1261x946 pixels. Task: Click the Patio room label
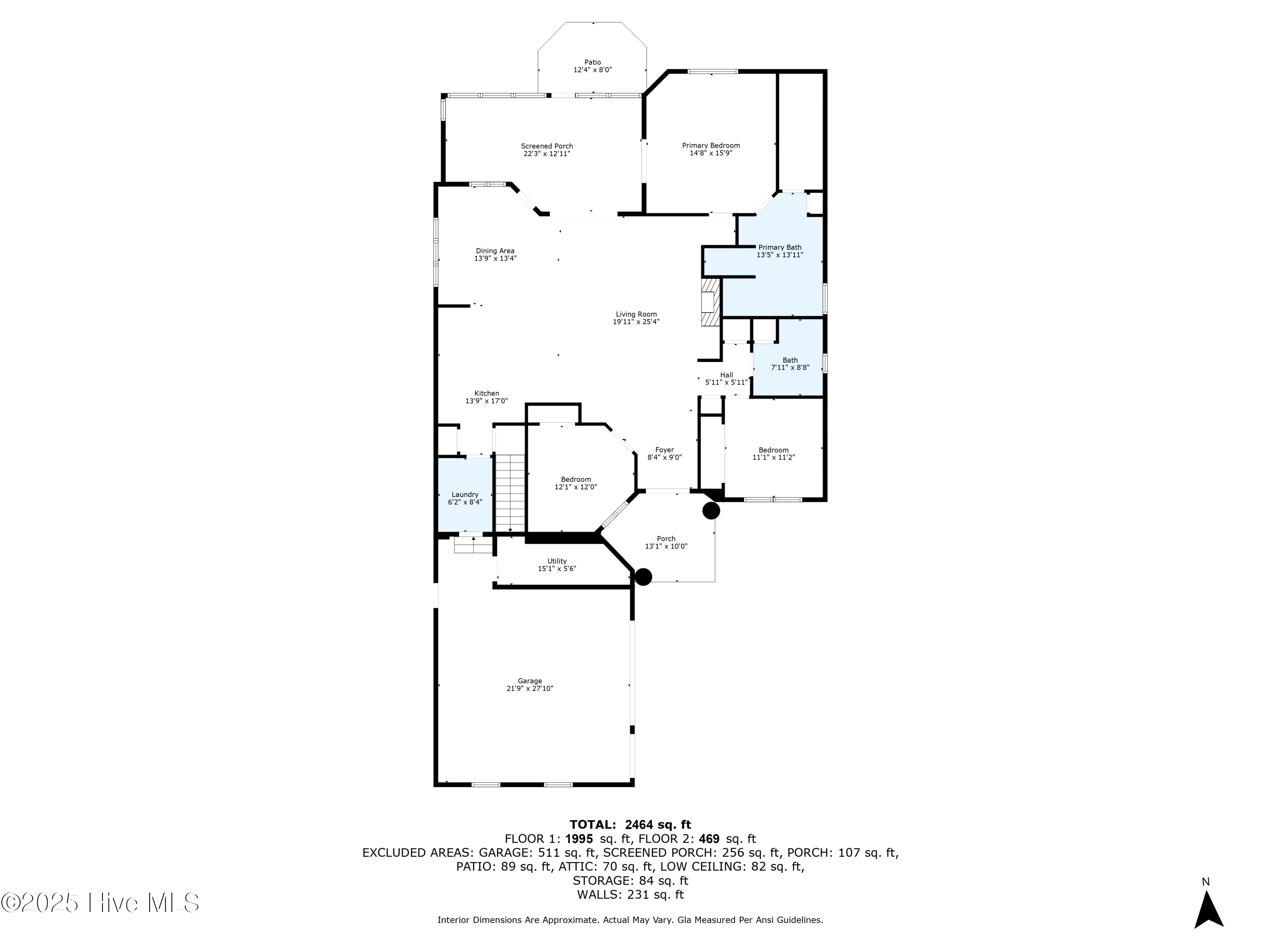(x=592, y=63)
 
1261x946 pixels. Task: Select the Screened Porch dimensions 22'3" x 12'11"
(x=547, y=154)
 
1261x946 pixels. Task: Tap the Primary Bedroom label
(x=711, y=146)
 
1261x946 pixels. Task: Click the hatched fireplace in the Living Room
(x=710, y=302)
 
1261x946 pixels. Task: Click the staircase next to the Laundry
(x=509, y=492)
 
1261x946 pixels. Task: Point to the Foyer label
(x=664, y=450)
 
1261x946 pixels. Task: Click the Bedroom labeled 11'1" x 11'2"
(x=773, y=453)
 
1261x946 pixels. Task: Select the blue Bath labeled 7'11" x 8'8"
(x=789, y=364)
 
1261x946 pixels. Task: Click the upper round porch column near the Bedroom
(x=710, y=510)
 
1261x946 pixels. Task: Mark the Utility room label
(x=557, y=561)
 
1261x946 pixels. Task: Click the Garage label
(x=529, y=681)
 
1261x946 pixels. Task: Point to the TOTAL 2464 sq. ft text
(x=630, y=824)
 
